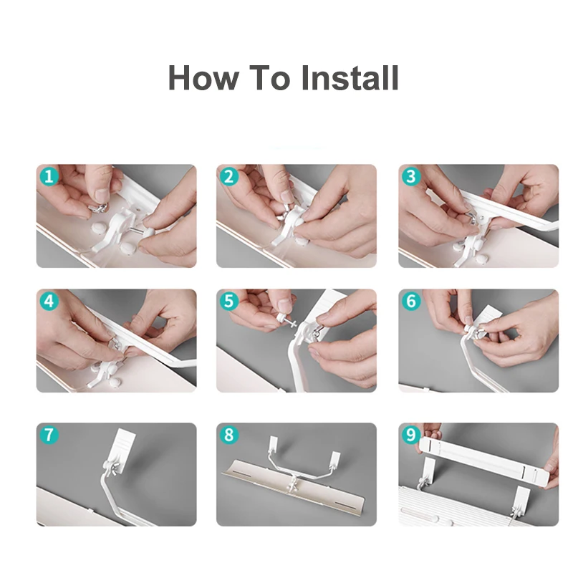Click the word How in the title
(x=203, y=77)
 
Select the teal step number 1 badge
(x=49, y=177)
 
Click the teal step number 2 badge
(x=228, y=177)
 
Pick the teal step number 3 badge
(x=411, y=177)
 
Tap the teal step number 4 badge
(x=49, y=302)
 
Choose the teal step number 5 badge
(x=228, y=302)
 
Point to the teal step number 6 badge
(x=411, y=302)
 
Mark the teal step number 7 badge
(x=49, y=435)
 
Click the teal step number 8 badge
(x=228, y=435)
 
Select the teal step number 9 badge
(x=411, y=435)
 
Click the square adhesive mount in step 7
(x=122, y=449)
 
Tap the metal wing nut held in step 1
(x=98, y=208)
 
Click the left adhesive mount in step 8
(x=274, y=443)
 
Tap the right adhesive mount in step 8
(x=335, y=460)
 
